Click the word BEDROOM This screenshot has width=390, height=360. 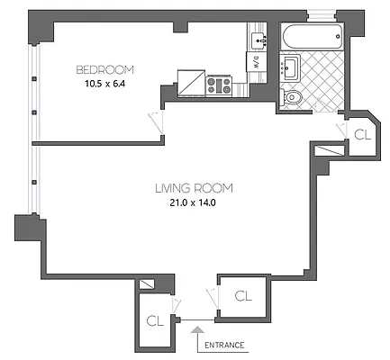tap(104, 70)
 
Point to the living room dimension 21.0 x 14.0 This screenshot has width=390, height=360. tap(194, 203)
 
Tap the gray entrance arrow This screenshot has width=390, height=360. tap(197, 337)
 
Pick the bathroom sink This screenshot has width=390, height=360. tap(290, 67)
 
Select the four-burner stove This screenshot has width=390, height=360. tap(219, 85)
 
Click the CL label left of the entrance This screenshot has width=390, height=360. tap(154, 319)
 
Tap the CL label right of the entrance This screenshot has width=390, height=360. tap(242, 295)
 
